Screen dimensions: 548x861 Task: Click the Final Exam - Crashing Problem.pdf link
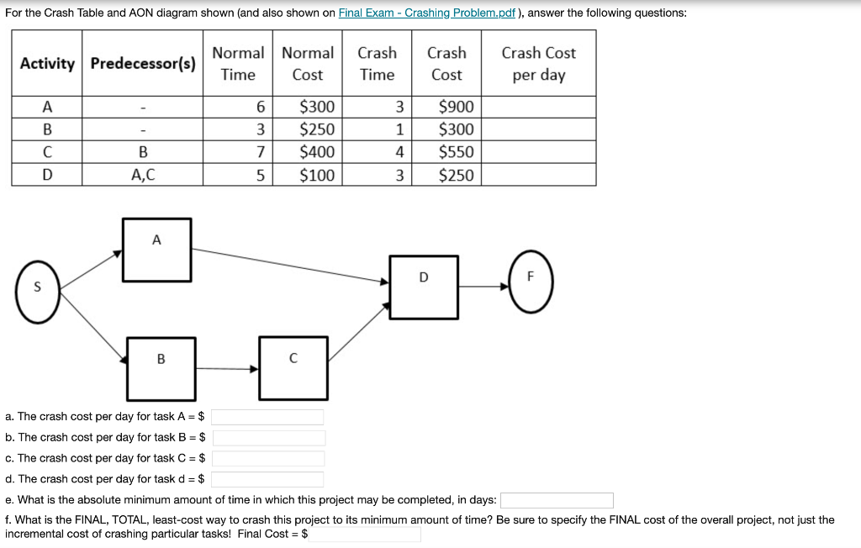pos(426,13)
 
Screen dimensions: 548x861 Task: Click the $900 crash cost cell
pos(446,107)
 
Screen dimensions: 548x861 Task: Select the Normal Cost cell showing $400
pos(307,152)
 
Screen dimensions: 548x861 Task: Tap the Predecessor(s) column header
pos(143,64)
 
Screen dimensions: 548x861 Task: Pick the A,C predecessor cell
pos(143,176)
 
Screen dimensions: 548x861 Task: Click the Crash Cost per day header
pos(538,64)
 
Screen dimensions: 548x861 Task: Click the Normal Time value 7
pos(238,152)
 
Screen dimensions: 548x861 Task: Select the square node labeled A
pos(157,250)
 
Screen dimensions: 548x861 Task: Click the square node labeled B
pos(161,368)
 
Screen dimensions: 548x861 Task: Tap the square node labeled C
pos(293,367)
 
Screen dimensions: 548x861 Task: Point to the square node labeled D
pos(424,287)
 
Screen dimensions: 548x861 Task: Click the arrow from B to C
pos(227,368)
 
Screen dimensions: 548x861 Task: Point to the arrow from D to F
pos(483,287)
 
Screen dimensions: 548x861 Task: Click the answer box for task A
pos(267,417)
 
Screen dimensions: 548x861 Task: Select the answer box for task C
pos(267,459)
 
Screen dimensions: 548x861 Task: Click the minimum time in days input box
pos(557,501)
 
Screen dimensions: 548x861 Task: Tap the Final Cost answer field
pos(364,534)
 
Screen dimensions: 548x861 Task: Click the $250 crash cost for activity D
pos(446,176)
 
